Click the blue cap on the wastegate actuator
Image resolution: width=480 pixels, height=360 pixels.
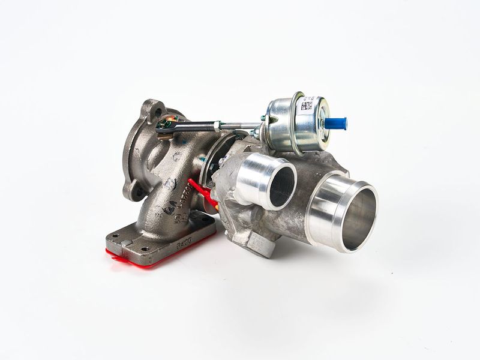337,124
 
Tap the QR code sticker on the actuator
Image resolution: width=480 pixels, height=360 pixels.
307,106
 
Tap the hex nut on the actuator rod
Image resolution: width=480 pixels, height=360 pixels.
215,126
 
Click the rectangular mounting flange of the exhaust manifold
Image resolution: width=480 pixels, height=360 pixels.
159,237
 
